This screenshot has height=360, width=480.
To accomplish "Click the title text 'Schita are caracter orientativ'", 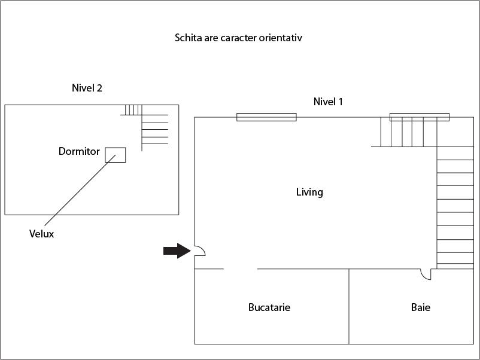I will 238,38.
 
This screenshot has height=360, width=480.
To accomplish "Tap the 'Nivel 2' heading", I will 87,88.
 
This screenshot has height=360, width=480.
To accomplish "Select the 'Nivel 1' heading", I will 328,102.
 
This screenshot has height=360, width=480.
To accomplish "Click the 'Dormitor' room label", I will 79,151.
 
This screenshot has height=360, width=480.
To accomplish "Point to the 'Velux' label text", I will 41,234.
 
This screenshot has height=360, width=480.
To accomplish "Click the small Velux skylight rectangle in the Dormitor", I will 116,155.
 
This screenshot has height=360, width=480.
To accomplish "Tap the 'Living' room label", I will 309,192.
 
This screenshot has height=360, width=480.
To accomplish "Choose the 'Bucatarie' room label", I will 269,307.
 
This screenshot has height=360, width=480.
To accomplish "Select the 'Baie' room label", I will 420,307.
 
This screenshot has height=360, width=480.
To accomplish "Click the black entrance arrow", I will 177,251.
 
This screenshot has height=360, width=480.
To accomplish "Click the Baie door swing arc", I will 426,274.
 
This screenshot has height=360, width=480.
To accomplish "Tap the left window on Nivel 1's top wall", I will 266,117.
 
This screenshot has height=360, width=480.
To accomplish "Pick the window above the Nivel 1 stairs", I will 419,117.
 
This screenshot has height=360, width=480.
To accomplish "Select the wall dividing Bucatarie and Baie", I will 349,306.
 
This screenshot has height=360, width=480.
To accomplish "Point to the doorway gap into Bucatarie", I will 241,269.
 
